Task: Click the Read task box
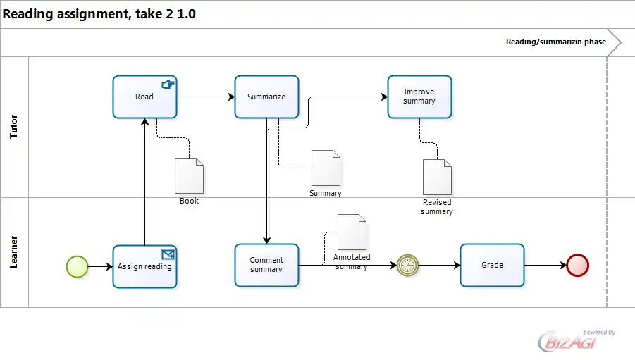(x=144, y=97)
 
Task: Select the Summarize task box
(x=266, y=97)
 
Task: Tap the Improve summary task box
(x=419, y=97)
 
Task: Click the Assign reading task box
(x=144, y=266)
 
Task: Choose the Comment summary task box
(x=266, y=265)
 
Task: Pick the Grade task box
(x=492, y=265)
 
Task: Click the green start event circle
(x=77, y=266)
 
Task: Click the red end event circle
(x=577, y=266)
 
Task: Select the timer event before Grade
(x=407, y=265)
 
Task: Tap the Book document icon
(x=189, y=175)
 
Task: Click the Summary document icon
(x=326, y=168)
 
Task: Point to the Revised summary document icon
(x=437, y=177)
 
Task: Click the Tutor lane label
(x=14, y=127)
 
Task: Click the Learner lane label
(x=14, y=252)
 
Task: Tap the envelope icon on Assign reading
(x=168, y=254)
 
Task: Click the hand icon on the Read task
(x=168, y=85)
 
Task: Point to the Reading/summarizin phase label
(x=555, y=42)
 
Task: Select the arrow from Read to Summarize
(x=206, y=97)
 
